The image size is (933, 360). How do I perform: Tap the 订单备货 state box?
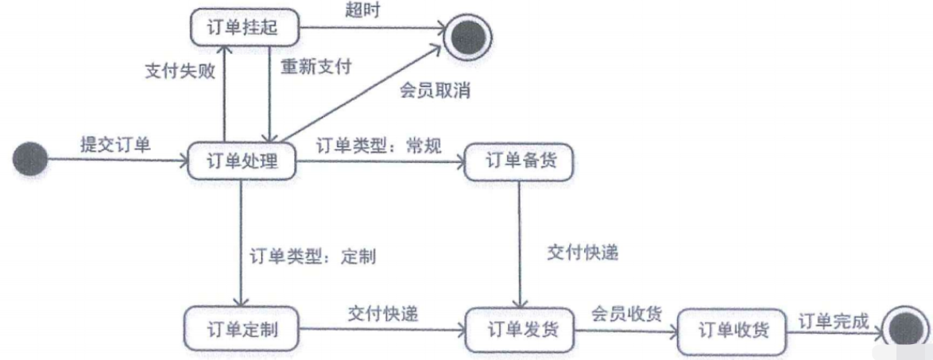(518, 163)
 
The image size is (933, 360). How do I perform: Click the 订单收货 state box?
(733, 330)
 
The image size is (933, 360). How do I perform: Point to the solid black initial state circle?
(30, 159)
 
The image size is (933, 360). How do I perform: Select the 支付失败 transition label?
(180, 70)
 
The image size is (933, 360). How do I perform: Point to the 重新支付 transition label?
(316, 67)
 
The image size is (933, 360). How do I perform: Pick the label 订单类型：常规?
(378, 145)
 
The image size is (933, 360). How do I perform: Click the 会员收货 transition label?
(626, 313)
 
